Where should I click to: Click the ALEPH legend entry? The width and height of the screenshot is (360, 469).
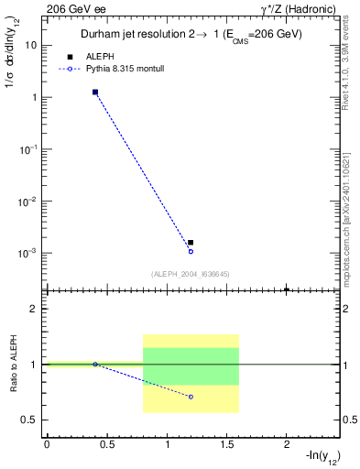[x=97, y=57]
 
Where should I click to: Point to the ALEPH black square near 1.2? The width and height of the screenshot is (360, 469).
[x=191, y=243]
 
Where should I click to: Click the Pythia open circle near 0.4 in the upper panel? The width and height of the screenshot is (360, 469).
[x=95, y=93]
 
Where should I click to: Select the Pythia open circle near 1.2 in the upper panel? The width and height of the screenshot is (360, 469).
[x=191, y=251]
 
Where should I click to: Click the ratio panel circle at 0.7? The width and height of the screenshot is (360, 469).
[x=191, y=397]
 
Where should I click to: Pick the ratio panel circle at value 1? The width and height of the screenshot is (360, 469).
[x=95, y=365]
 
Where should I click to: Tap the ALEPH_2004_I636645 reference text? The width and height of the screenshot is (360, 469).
[x=191, y=273]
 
